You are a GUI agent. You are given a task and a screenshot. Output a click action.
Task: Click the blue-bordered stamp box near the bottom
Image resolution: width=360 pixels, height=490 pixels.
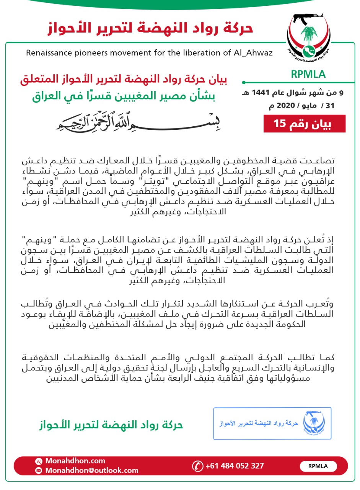point(272,423)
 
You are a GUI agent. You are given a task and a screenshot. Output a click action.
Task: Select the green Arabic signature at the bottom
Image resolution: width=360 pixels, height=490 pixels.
point(111,425)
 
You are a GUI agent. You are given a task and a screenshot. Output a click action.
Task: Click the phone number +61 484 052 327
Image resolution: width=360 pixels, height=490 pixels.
point(235,466)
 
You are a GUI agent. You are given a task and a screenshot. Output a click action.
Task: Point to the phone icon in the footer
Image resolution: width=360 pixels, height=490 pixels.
point(197,466)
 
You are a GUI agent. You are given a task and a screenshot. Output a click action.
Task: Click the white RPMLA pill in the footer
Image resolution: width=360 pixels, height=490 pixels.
point(318,466)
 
